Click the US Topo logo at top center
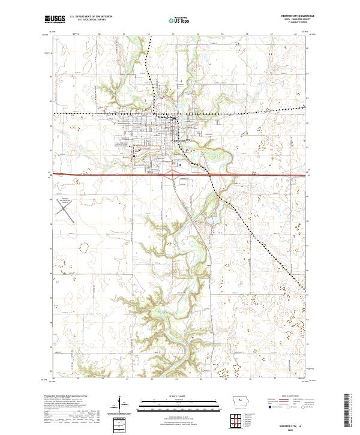(179, 20)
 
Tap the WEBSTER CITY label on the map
(179, 140)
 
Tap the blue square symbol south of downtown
(180, 163)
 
